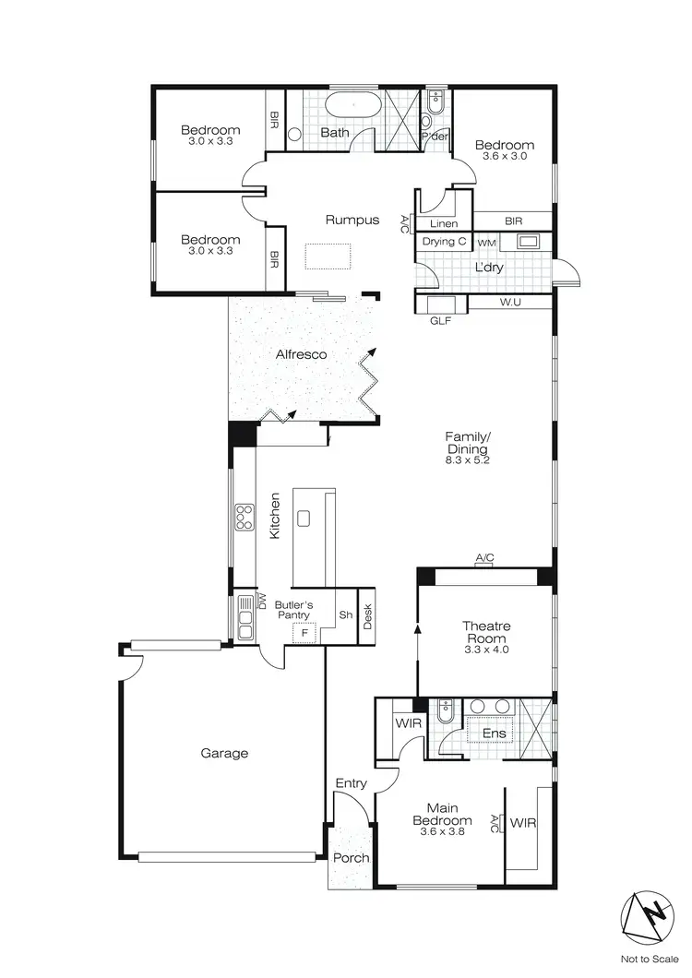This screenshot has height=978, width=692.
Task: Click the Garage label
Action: click(x=225, y=753)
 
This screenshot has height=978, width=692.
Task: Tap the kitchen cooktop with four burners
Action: click(x=245, y=518)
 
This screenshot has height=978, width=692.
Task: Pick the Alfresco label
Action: click(x=302, y=353)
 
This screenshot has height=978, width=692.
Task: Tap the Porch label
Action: click(x=351, y=857)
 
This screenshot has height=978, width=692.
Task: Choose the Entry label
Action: click(x=351, y=783)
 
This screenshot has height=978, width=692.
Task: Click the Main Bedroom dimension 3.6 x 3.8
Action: click(x=441, y=831)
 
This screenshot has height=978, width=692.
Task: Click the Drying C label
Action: click(x=444, y=241)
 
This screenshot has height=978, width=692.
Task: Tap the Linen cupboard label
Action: click(x=444, y=222)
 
